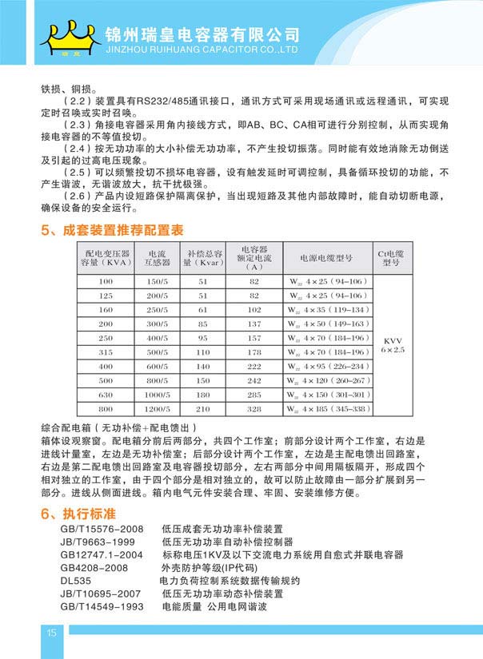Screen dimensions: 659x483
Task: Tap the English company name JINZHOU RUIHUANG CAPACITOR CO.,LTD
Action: pos(202,49)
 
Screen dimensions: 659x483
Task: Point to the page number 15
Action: pos(51,633)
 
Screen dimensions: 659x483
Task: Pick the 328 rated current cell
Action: pos(254,409)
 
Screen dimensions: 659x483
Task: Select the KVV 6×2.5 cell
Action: pos(393,344)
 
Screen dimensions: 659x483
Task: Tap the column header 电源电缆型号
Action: pos(326,259)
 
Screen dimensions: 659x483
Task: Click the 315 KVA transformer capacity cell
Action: pos(106,351)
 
